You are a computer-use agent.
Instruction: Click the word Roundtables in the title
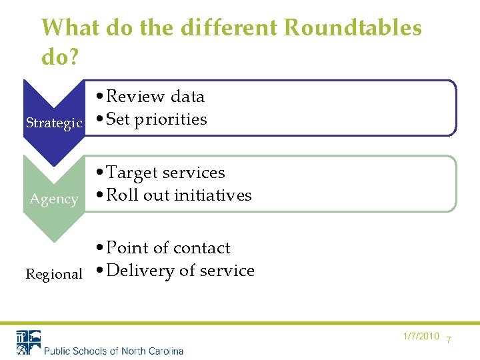[x=353, y=28]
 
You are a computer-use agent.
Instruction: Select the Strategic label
[x=54, y=123]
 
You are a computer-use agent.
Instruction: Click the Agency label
[x=54, y=199]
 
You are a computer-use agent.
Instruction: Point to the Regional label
[x=54, y=274]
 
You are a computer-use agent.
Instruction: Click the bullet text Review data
[x=155, y=97]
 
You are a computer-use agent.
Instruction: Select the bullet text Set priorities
[x=156, y=119]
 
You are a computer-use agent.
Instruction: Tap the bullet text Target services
[x=165, y=173]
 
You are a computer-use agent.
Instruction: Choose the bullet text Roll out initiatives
[x=179, y=195]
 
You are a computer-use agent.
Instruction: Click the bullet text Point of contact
[x=168, y=248]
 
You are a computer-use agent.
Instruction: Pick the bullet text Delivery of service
[x=180, y=271]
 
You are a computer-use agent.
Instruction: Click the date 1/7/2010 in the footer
[x=421, y=336]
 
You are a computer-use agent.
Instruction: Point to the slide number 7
[x=449, y=340]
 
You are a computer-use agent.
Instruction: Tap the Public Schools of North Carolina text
[x=113, y=350]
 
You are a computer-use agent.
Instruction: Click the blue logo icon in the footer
[x=29, y=342]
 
